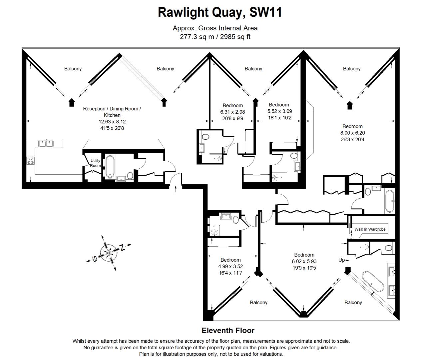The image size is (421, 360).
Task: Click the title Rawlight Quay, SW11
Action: (x=220, y=12)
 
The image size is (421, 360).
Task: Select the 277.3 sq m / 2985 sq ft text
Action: (x=215, y=37)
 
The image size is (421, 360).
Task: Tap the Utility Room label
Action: (x=95, y=163)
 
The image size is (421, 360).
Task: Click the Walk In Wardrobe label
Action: (x=370, y=229)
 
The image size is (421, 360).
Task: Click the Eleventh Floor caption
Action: (x=228, y=330)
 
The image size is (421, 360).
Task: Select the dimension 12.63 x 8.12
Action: (x=112, y=122)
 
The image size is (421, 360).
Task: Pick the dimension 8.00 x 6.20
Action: (x=352, y=133)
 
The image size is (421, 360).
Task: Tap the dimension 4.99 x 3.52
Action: (x=230, y=266)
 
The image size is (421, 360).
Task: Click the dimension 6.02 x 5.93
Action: (x=304, y=261)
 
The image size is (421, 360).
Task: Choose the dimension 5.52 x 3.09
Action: (x=279, y=111)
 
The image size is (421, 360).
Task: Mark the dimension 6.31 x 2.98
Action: (x=232, y=112)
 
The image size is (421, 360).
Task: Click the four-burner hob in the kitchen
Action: (x=30, y=161)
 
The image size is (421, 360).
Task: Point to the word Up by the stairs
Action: (x=341, y=260)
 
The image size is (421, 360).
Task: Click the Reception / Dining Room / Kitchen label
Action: (x=112, y=112)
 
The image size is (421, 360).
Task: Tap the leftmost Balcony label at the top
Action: (x=73, y=69)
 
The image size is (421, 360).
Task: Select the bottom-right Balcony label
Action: (x=353, y=302)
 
